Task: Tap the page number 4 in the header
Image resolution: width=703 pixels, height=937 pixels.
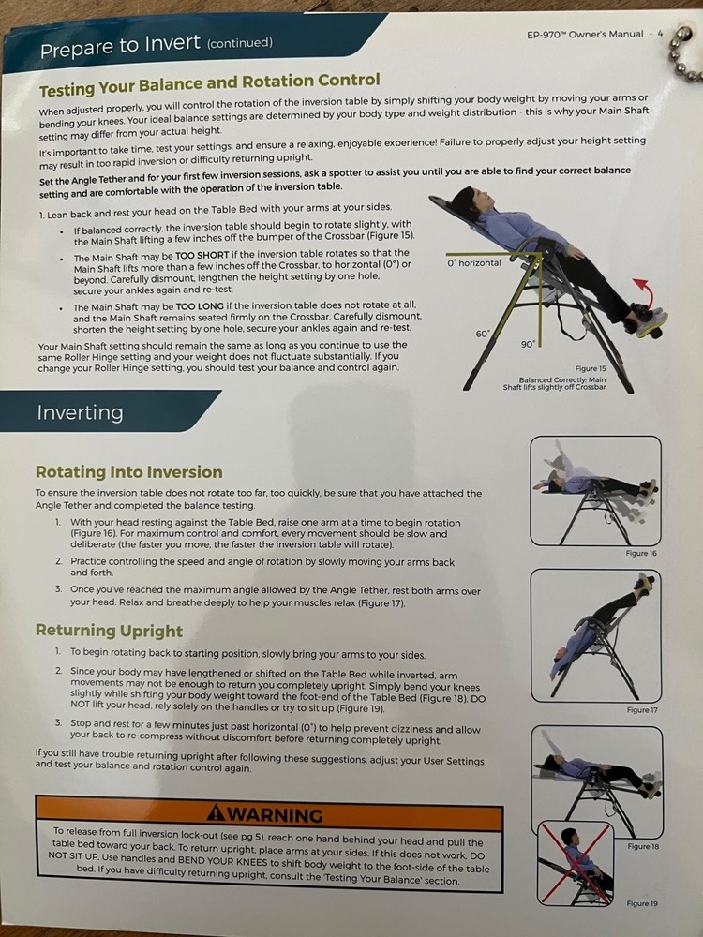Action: pos(660,34)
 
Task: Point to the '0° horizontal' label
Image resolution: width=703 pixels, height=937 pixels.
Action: pos(475,263)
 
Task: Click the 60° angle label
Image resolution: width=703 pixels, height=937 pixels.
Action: pos(482,334)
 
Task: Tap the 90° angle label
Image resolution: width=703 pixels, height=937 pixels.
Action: pos(529,344)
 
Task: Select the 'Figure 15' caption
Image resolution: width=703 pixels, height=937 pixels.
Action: pos(590,369)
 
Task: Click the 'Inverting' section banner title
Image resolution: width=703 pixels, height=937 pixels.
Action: pos(80,412)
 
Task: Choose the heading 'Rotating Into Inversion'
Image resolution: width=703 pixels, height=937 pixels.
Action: pos(129,472)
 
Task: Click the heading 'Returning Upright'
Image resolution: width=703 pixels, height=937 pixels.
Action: pos(109,630)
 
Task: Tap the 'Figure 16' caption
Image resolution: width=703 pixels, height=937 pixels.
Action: pos(641,554)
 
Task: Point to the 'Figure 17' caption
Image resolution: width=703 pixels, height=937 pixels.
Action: pos(641,710)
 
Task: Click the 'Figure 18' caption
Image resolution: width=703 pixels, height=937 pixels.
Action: pos(643,846)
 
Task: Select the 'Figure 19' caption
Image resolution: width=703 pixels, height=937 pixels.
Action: pos(643,903)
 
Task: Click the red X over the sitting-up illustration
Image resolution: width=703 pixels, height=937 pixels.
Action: pos(576,862)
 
